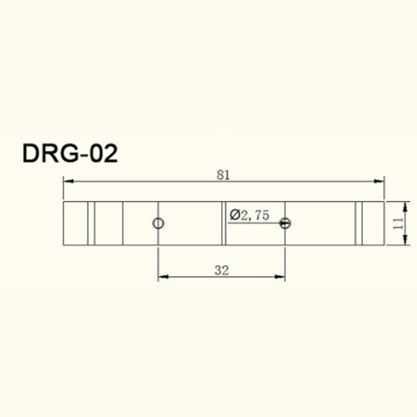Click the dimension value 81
pos(223,174)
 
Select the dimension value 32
pos(221,269)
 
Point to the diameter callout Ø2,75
pos(249,215)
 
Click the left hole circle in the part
pos(158,223)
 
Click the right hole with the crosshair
pos(285,223)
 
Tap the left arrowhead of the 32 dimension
pos(163,277)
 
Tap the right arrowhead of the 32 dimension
pos(281,277)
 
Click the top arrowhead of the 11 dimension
pos(403,204)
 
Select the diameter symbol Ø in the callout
pos(234,215)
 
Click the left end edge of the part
pos(63,224)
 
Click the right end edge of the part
pos(384,224)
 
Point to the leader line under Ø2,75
pos(254,223)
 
